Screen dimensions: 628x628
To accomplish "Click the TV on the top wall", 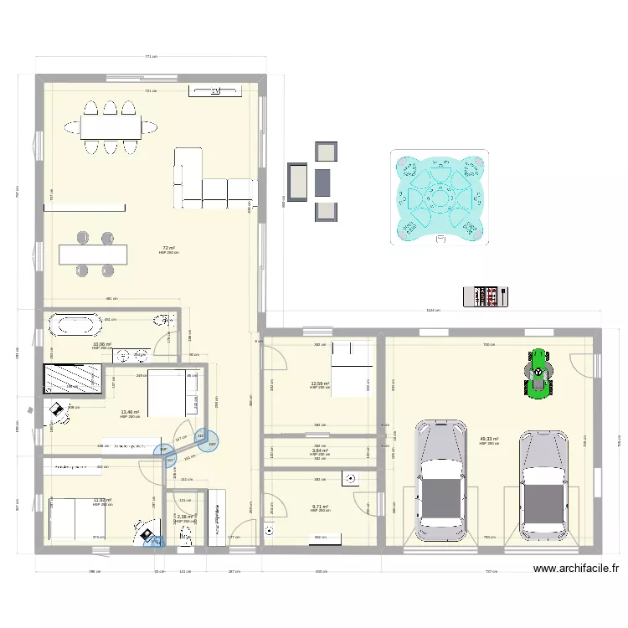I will [215, 90].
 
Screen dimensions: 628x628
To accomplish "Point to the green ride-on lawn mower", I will [537, 371].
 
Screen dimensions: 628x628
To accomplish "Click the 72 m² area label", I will [168, 248].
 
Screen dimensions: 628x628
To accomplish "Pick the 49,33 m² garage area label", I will [489, 439].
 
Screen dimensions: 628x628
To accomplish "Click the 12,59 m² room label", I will [319, 383].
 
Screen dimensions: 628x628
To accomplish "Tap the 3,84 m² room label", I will [319, 450].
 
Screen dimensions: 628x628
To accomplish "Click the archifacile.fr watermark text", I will [576, 569].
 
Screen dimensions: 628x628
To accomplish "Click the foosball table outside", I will [485, 295].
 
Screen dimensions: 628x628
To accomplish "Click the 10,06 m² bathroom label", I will [102, 344].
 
